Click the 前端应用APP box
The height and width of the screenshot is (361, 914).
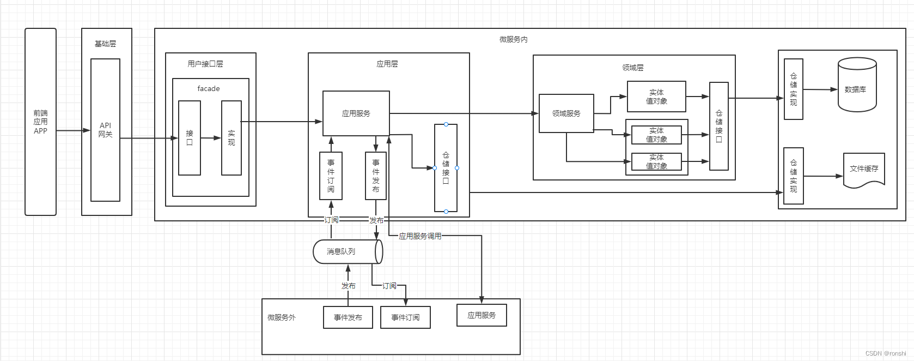(x=40, y=122)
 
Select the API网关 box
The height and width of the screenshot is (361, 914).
(x=105, y=130)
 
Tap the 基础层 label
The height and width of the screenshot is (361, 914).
(x=105, y=44)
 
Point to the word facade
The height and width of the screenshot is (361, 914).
(x=209, y=88)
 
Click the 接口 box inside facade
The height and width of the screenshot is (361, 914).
(x=190, y=138)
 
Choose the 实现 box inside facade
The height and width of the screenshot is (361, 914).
(x=231, y=138)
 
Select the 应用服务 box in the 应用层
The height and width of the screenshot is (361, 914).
(x=356, y=113)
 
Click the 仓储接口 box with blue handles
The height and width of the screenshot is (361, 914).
(x=446, y=168)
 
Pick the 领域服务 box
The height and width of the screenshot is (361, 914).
(x=566, y=113)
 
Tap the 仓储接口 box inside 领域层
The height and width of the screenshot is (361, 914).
(x=719, y=126)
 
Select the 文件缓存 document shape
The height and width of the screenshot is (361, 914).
(x=864, y=170)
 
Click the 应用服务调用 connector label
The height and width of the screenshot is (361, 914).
(x=420, y=236)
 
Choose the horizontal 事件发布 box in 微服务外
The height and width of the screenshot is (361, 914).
(x=348, y=317)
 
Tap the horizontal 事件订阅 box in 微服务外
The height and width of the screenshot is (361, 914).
(x=405, y=317)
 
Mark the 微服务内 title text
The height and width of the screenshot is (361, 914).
(x=513, y=39)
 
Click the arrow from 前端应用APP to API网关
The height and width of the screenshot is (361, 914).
(x=73, y=130)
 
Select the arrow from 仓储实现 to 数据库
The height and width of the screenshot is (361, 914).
(x=820, y=89)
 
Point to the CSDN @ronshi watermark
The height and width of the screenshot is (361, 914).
(x=886, y=353)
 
